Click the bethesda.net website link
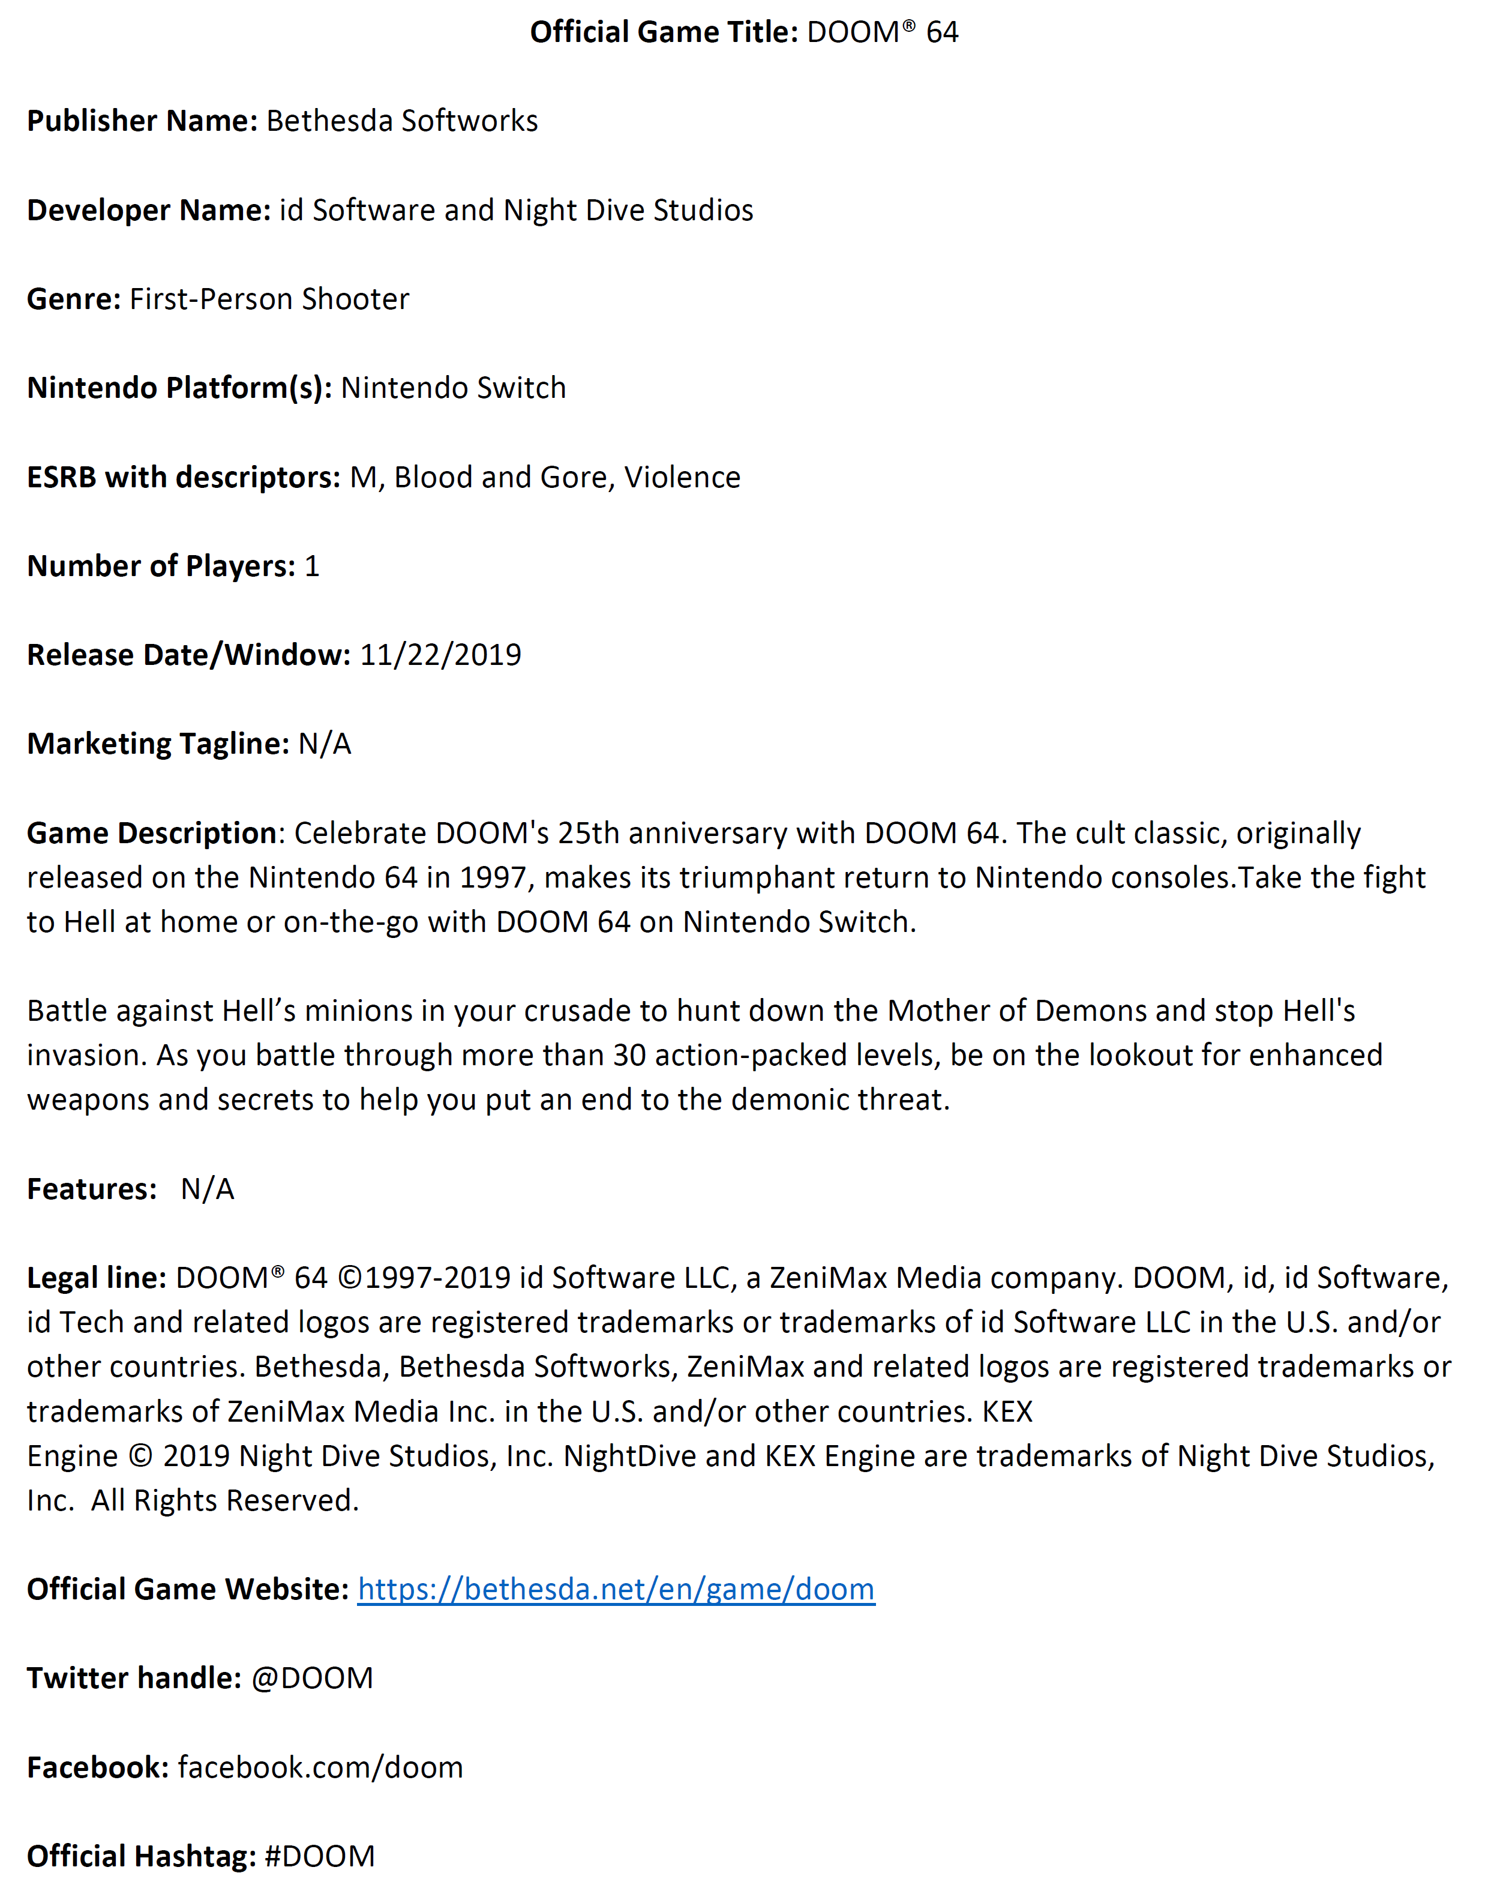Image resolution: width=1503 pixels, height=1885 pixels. [616, 1589]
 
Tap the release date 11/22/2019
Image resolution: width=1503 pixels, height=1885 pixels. [440, 655]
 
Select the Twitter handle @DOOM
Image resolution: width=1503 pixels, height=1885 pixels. [312, 1678]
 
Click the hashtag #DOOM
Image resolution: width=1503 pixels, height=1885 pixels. [319, 1855]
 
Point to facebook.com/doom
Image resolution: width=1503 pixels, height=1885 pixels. [320, 1767]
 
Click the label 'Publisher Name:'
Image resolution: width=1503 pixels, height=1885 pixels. [142, 121]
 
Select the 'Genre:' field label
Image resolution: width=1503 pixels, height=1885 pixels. [73, 299]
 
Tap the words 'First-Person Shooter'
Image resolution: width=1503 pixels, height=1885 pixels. [269, 299]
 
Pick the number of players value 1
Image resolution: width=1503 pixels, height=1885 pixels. [312, 567]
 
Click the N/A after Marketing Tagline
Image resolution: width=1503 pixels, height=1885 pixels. [325, 744]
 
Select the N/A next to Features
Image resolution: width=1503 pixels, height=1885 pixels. [207, 1189]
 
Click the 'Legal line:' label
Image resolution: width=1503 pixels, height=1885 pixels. [96, 1278]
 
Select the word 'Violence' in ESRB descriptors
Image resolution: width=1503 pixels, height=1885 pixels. [682, 477]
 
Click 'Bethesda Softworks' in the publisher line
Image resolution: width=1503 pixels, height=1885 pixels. [401, 121]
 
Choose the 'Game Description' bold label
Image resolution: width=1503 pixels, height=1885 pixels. [151, 833]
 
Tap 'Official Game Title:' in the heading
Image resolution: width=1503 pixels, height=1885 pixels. [664, 32]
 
